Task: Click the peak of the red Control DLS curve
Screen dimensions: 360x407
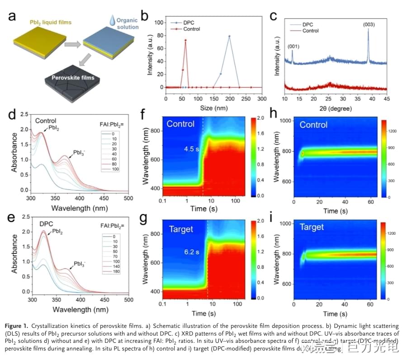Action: coord(185,40)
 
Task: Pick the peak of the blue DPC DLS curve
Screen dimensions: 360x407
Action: coord(229,36)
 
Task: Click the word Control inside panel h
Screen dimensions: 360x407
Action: coord(313,125)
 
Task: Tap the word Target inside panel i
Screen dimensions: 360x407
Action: coord(311,227)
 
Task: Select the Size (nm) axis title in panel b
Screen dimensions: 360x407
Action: coord(213,109)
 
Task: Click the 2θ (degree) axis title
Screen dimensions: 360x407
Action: coord(336,109)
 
